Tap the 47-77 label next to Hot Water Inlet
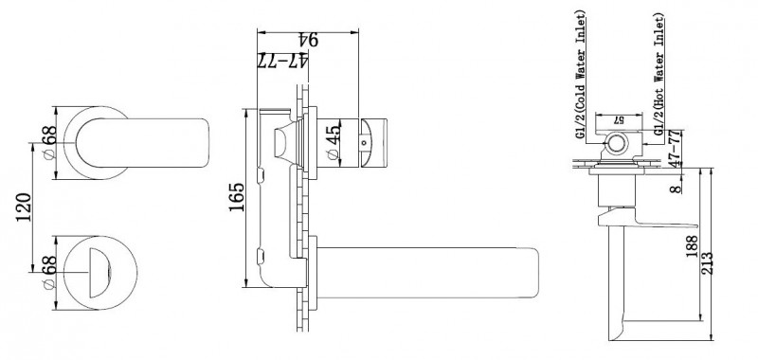pos(674,149)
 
